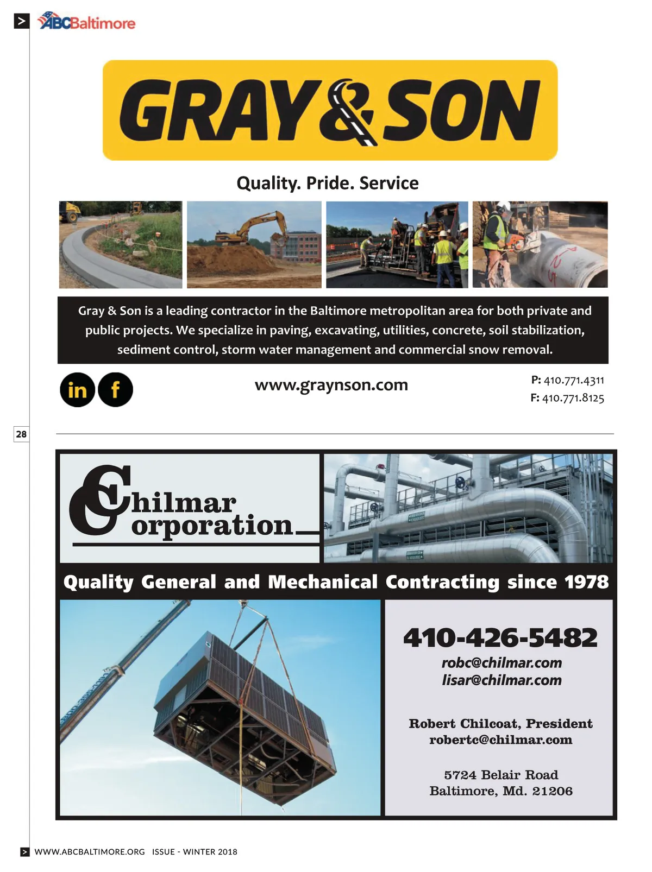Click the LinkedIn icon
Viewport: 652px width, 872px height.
tap(77, 390)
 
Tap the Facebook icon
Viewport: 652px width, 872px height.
tap(115, 390)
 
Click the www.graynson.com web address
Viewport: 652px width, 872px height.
tap(331, 385)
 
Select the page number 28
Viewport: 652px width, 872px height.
tap(21, 434)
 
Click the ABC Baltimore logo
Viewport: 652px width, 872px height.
tap(87, 22)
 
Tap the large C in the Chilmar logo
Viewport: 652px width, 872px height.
tap(101, 500)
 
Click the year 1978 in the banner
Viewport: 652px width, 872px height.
tap(586, 582)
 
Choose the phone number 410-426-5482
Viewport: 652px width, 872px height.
tap(500, 637)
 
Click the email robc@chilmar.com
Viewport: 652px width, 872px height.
tap(501, 663)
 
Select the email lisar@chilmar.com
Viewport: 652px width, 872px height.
tap(501, 680)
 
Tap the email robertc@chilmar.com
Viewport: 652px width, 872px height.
tap(500, 740)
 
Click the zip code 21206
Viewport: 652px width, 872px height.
tap(553, 791)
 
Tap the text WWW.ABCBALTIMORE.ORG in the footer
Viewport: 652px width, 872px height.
tap(90, 852)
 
